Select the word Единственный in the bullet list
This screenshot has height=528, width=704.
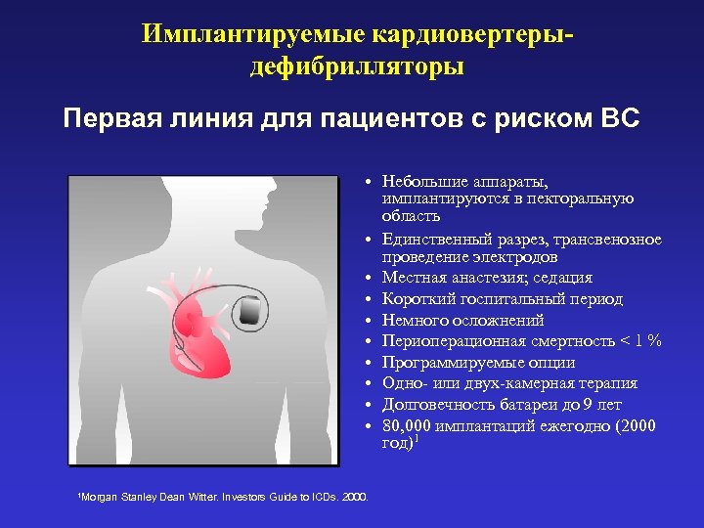[429, 240]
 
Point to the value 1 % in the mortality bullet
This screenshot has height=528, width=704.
[646, 341]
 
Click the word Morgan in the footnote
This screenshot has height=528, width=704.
[99, 498]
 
